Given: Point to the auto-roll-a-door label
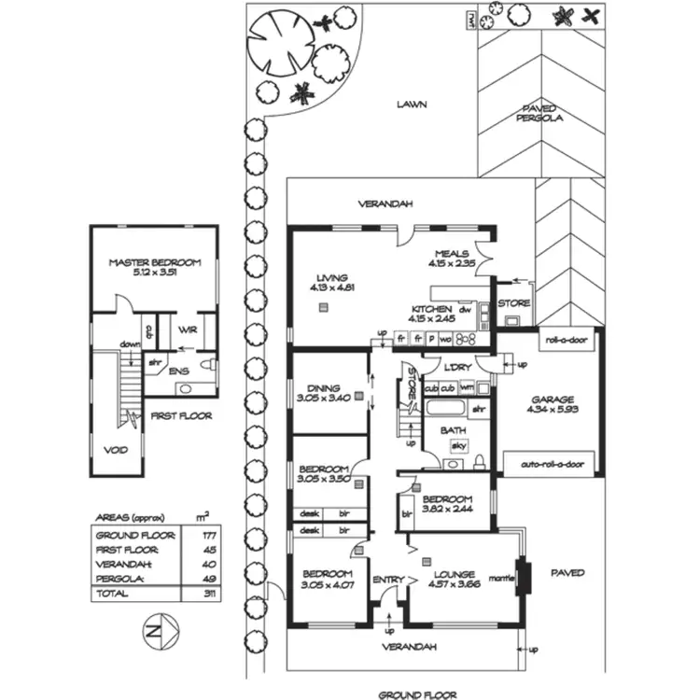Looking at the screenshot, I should [x=552, y=464].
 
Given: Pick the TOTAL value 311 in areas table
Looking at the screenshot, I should [x=203, y=594].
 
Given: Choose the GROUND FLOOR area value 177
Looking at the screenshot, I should [x=203, y=535].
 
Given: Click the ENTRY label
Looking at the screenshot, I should [x=387, y=580].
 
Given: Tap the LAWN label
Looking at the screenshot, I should [x=410, y=105].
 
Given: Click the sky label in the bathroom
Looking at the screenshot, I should [x=458, y=446].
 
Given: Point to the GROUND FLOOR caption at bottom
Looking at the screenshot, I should [x=417, y=694].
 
